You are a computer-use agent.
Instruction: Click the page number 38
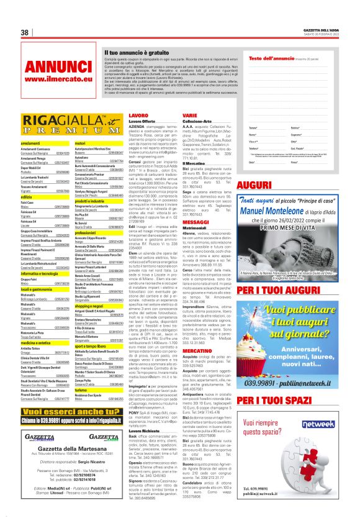tap(25, 32)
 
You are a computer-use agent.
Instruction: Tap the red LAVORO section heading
tap(138, 116)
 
